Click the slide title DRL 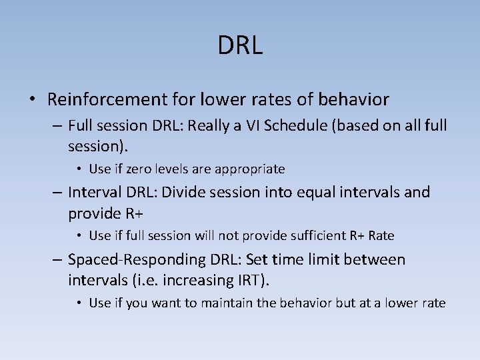pyautogui.click(x=240, y=45)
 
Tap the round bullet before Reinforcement pyautogui.click(x=33, y=101)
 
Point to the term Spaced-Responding pyautogui.click(x=126, y=259)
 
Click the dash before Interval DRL pyautogui.click(x=57, y=193)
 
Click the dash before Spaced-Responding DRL pyautogui.click(x=57, y=259)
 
